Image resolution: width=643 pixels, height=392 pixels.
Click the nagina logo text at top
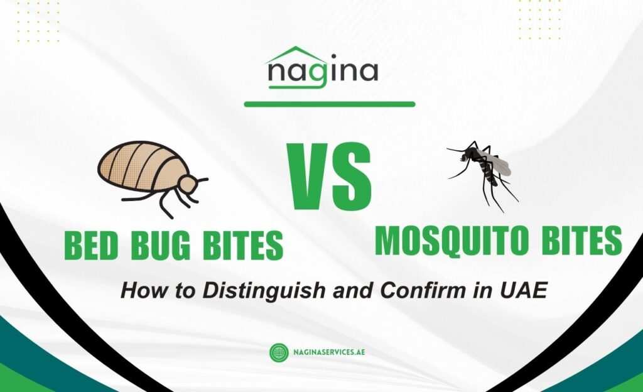click(323, 72)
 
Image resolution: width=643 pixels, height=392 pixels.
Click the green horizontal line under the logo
click(329, 104)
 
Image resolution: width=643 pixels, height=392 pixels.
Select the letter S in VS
click(352, 176)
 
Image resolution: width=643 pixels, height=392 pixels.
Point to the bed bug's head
click(186, 184)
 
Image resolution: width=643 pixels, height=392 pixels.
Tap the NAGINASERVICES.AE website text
click(330, 352)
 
